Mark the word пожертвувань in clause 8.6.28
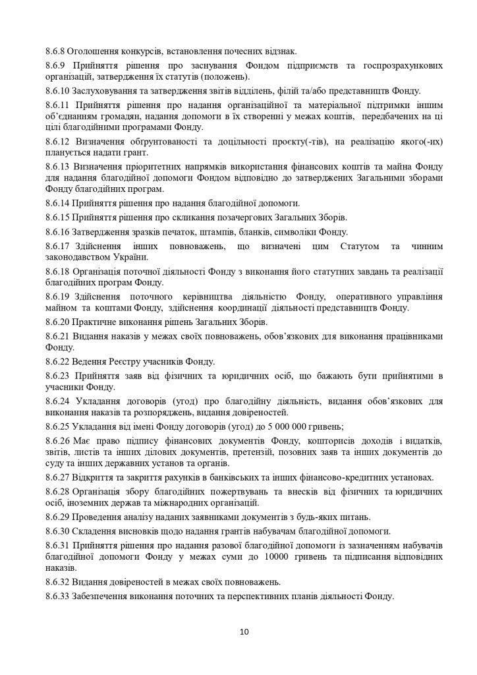236,492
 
